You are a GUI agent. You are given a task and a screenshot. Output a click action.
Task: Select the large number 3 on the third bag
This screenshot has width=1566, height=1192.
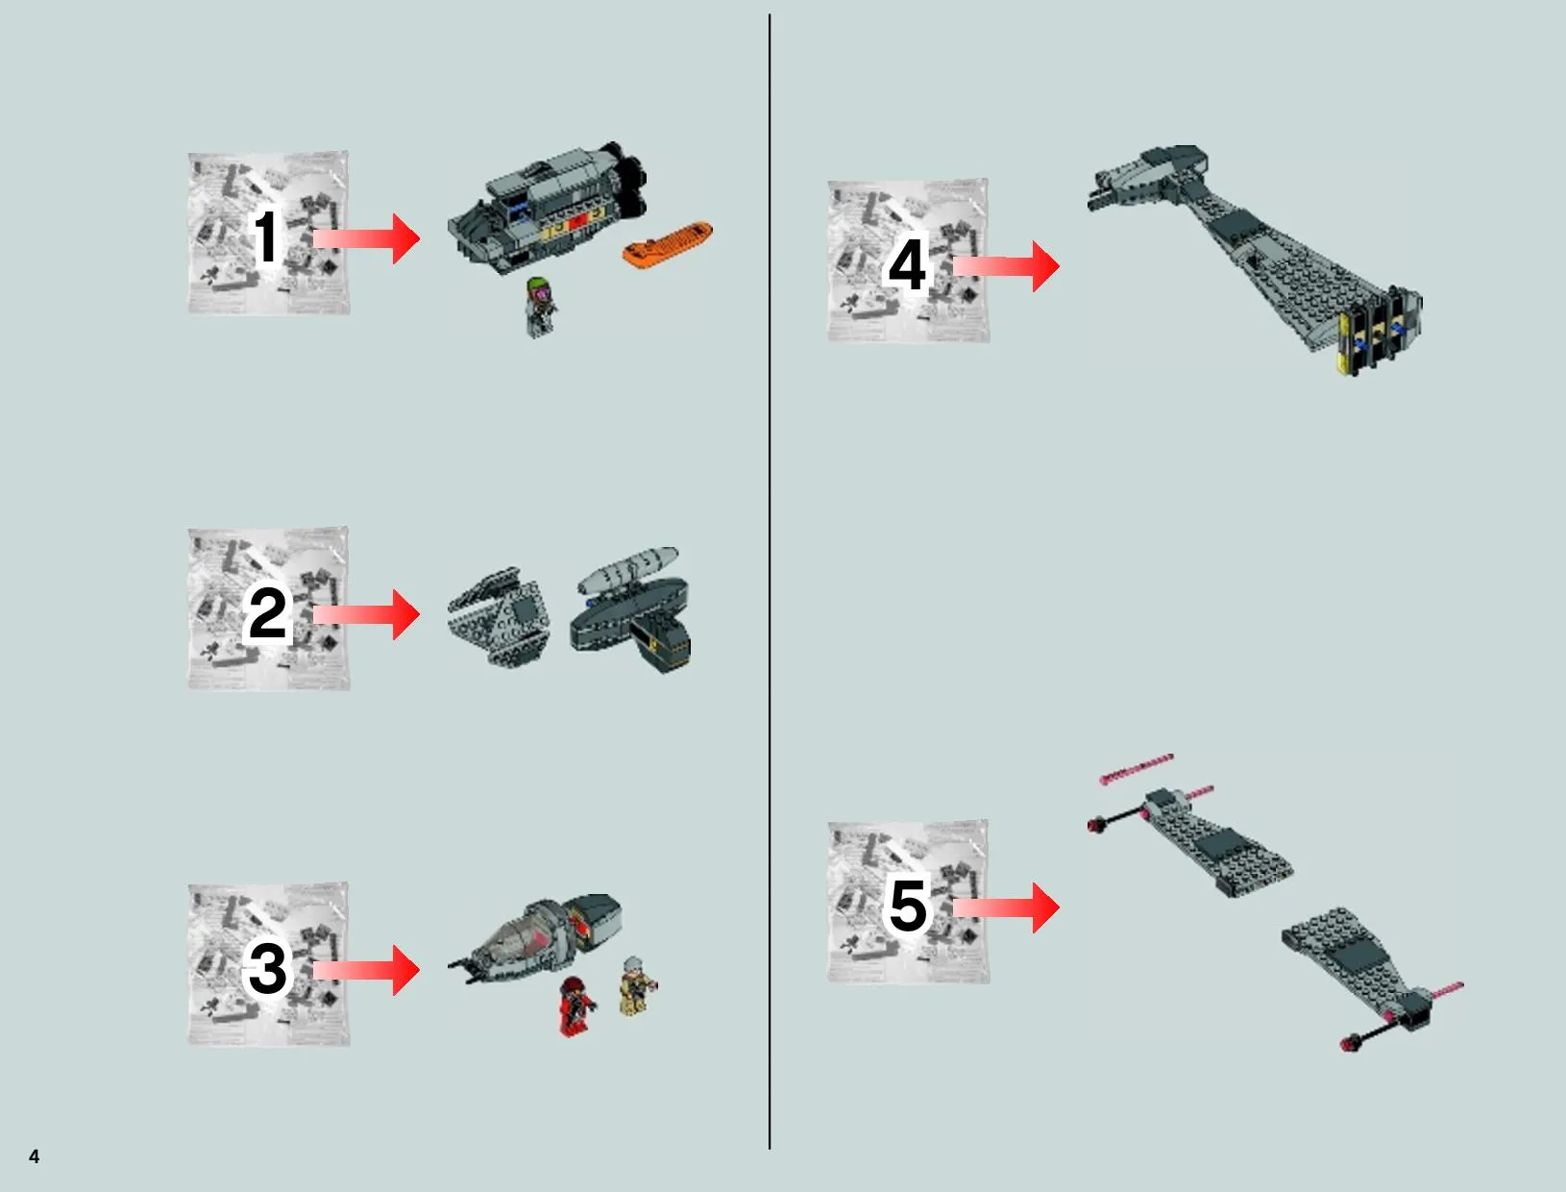pos(267,968)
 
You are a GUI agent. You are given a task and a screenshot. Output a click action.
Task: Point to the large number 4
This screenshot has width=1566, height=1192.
pos(907,264)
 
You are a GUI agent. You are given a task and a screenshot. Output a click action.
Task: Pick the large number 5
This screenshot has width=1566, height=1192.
pos(908,906)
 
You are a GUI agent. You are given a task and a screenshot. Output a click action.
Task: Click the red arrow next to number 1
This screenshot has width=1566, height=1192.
pos(367,238)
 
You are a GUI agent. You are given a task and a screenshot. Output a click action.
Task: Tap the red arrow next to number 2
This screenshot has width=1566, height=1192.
pos(367,614)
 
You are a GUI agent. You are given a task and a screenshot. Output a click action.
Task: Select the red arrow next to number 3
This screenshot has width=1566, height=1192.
pos(367,969)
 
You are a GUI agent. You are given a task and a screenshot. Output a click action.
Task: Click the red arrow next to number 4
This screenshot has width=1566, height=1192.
pos(1006,265)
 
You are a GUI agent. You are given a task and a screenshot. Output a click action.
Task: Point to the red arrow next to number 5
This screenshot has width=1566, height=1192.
pos(1006,907)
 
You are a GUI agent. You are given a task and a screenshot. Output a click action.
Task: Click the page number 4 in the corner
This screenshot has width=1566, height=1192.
pos(35,1156)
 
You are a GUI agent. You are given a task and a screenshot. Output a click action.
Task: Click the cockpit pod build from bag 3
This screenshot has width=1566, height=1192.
pos(536,934)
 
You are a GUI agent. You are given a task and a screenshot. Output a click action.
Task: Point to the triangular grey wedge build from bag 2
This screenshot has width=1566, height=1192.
pos(500,617)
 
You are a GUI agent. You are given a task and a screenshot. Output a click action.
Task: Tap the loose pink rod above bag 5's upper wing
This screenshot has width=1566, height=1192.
pos(1137,769)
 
